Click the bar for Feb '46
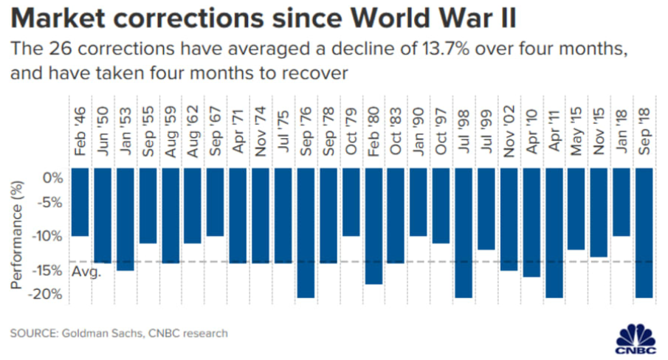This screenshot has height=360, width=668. [x=80, y=202]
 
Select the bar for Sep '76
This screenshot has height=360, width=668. [x=306, y=232]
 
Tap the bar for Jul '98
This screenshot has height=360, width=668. [x=464, y=232]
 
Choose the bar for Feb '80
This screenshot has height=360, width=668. [x=373, y=226]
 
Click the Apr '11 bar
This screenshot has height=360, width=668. [x=554, y=232]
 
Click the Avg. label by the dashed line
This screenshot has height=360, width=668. [x=86, y=272]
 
